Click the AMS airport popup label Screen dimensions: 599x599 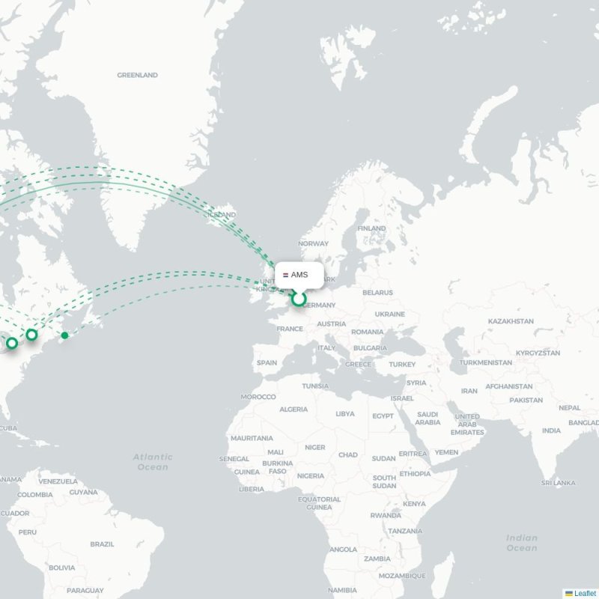click(x=299, y=276)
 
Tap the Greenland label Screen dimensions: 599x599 click(x=137, y=76)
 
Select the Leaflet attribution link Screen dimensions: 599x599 click(x=585, y=593)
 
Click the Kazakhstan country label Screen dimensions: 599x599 click(x=510, y=321)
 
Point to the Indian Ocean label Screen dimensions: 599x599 click(x=521, y=543)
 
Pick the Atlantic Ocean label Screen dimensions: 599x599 click(x=153, y=461)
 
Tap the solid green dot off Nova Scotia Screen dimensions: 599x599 click(x=65, y=335)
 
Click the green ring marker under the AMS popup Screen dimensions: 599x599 click(x=299, y=299)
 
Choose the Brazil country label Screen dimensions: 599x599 click(x=102, y=544)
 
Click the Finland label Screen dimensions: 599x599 click(x=371, y=228)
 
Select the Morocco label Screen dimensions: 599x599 click(x=258, y=397)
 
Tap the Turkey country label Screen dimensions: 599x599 click(x=401, y=365)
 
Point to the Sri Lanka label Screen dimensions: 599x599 click(x=559, y=483)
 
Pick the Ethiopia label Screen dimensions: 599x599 click(x=415, y=474)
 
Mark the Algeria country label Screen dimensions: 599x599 click(x=293, y=410)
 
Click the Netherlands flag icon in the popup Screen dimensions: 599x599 click(x=285, y=276)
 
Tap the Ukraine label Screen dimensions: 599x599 click(x=389, y=314)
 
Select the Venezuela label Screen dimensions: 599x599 click(x=58, y=481)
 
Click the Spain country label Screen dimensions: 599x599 click(x=267, y=362)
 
